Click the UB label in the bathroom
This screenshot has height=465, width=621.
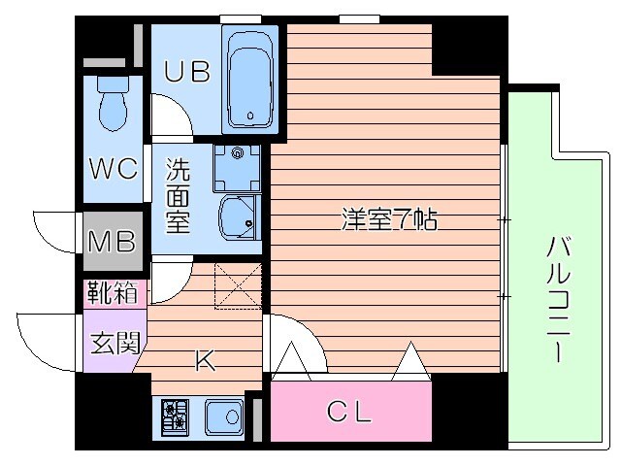[x=186, y=73]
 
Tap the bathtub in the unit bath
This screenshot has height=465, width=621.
[x=250, y=79]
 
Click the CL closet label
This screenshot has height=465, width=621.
[x=347, y=414]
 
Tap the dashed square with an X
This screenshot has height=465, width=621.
[x=238, y=285]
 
